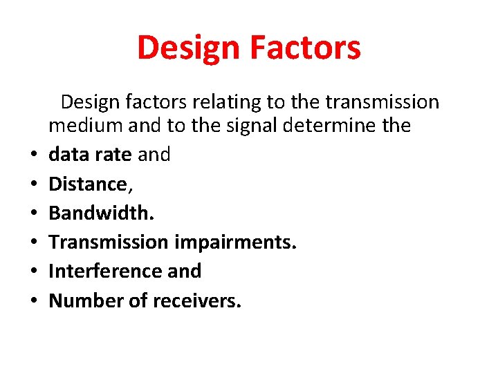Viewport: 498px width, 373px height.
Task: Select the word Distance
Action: (x=88, y=184)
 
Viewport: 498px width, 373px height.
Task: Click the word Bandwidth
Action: (x=101, y=213)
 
